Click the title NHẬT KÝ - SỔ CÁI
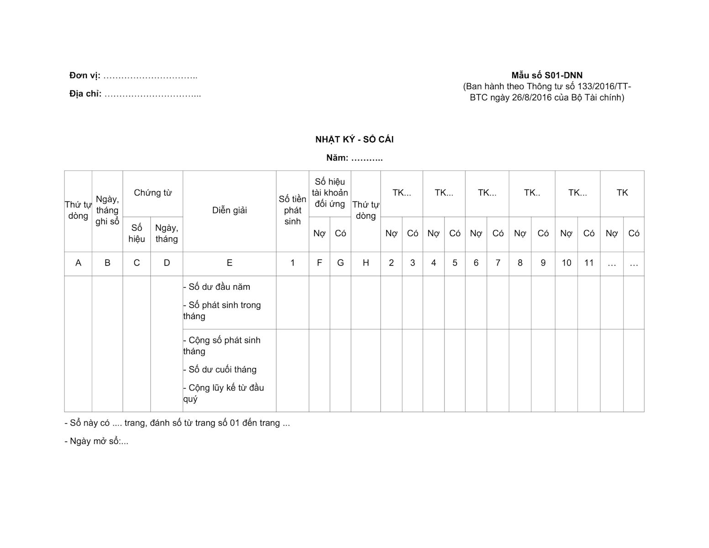[354, 140]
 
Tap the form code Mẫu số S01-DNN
[547, 75]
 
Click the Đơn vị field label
[85, 76]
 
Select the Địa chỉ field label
[85, 94]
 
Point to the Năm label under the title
[337, 158]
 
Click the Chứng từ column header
[152, 193]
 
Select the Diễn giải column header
[229, 211]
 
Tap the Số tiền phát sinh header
[292, 211]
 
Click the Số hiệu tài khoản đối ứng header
[330, 193]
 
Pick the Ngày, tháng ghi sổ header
[107, 211]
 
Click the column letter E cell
[229, 263]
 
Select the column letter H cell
[365, 263]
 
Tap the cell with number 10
[566, 263]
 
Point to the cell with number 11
[589, 263]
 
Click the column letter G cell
[340, 263]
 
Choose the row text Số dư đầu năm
[219, 287]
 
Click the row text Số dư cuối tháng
[222, 370]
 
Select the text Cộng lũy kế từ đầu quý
[223, 393]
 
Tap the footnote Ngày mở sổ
[96, 442]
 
